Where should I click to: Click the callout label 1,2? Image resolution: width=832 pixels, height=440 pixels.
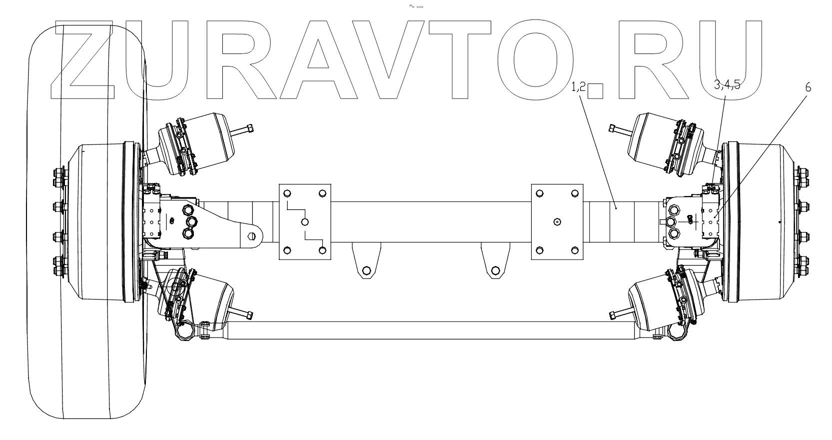pyautogui.click(x=578, y=87)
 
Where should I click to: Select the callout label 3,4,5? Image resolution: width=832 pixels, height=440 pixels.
pyautogui.click(x=727, y=86)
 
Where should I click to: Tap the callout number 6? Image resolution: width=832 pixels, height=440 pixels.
pyautogui.click(x=808, y=87)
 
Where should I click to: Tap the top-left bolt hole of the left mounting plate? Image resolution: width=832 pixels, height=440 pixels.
pyautogui.click(x=287, y=193)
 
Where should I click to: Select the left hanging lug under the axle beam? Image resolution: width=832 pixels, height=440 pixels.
pyautogui.click(x=366, y=261)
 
